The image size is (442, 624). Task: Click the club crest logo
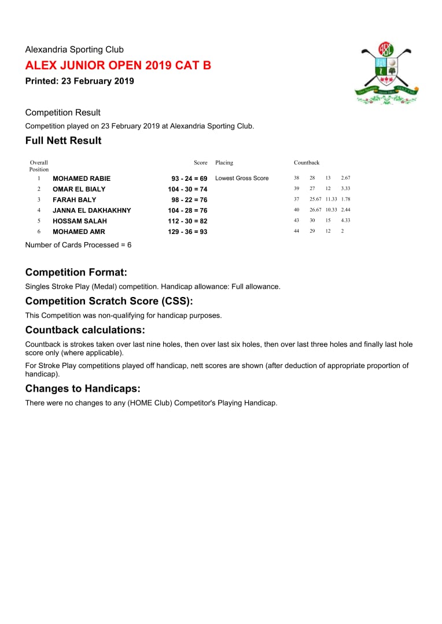(386, 73)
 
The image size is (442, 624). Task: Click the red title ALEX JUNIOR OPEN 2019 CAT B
(118, 65)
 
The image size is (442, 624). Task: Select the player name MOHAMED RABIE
(82, 179)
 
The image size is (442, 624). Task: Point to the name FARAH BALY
(75, 200)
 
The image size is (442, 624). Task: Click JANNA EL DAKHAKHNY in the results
(92, 210)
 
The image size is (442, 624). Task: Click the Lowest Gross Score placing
(242, 179)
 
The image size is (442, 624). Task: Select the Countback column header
(307, 163)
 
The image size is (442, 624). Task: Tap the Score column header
(200, 163)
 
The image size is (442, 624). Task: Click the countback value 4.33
(346, 221)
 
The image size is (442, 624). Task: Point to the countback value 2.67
(346, 178)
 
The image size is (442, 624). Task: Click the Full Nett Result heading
(63, 140)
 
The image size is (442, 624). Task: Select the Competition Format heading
(76, 272)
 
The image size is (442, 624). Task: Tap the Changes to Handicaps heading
(83, 389)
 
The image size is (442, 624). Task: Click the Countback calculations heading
(85, 330)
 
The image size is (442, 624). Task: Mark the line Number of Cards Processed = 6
(78, 245)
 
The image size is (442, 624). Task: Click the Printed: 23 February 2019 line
(79, 81)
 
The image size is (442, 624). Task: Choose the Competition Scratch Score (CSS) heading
(109, 301)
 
